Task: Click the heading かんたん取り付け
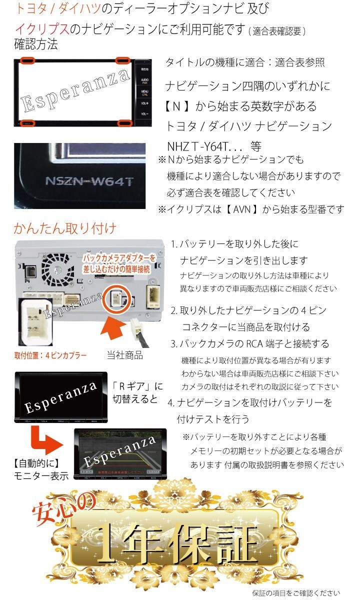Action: click(65, 229)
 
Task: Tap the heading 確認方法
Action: click(36, 44)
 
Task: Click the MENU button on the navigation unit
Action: click(144, 93)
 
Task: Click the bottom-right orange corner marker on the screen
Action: click(123, 122)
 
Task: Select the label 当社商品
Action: click(124, 355)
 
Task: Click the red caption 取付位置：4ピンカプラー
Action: click(50, 355)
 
